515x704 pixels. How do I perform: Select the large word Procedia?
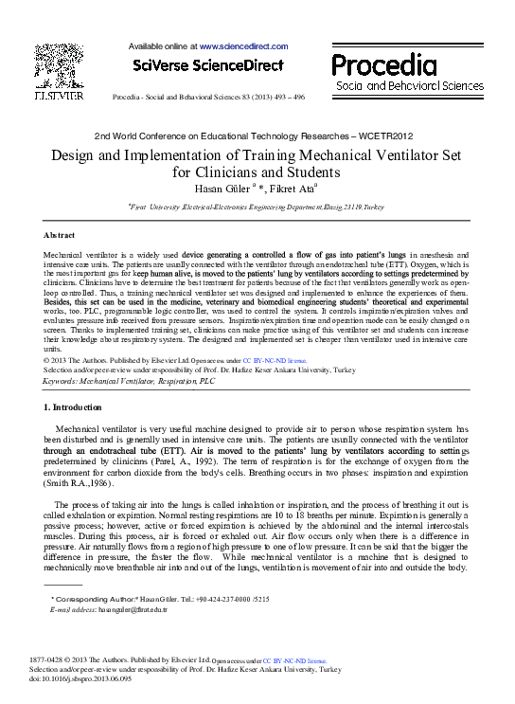383,64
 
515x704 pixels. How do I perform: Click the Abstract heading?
60,234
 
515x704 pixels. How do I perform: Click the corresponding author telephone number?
207,600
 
